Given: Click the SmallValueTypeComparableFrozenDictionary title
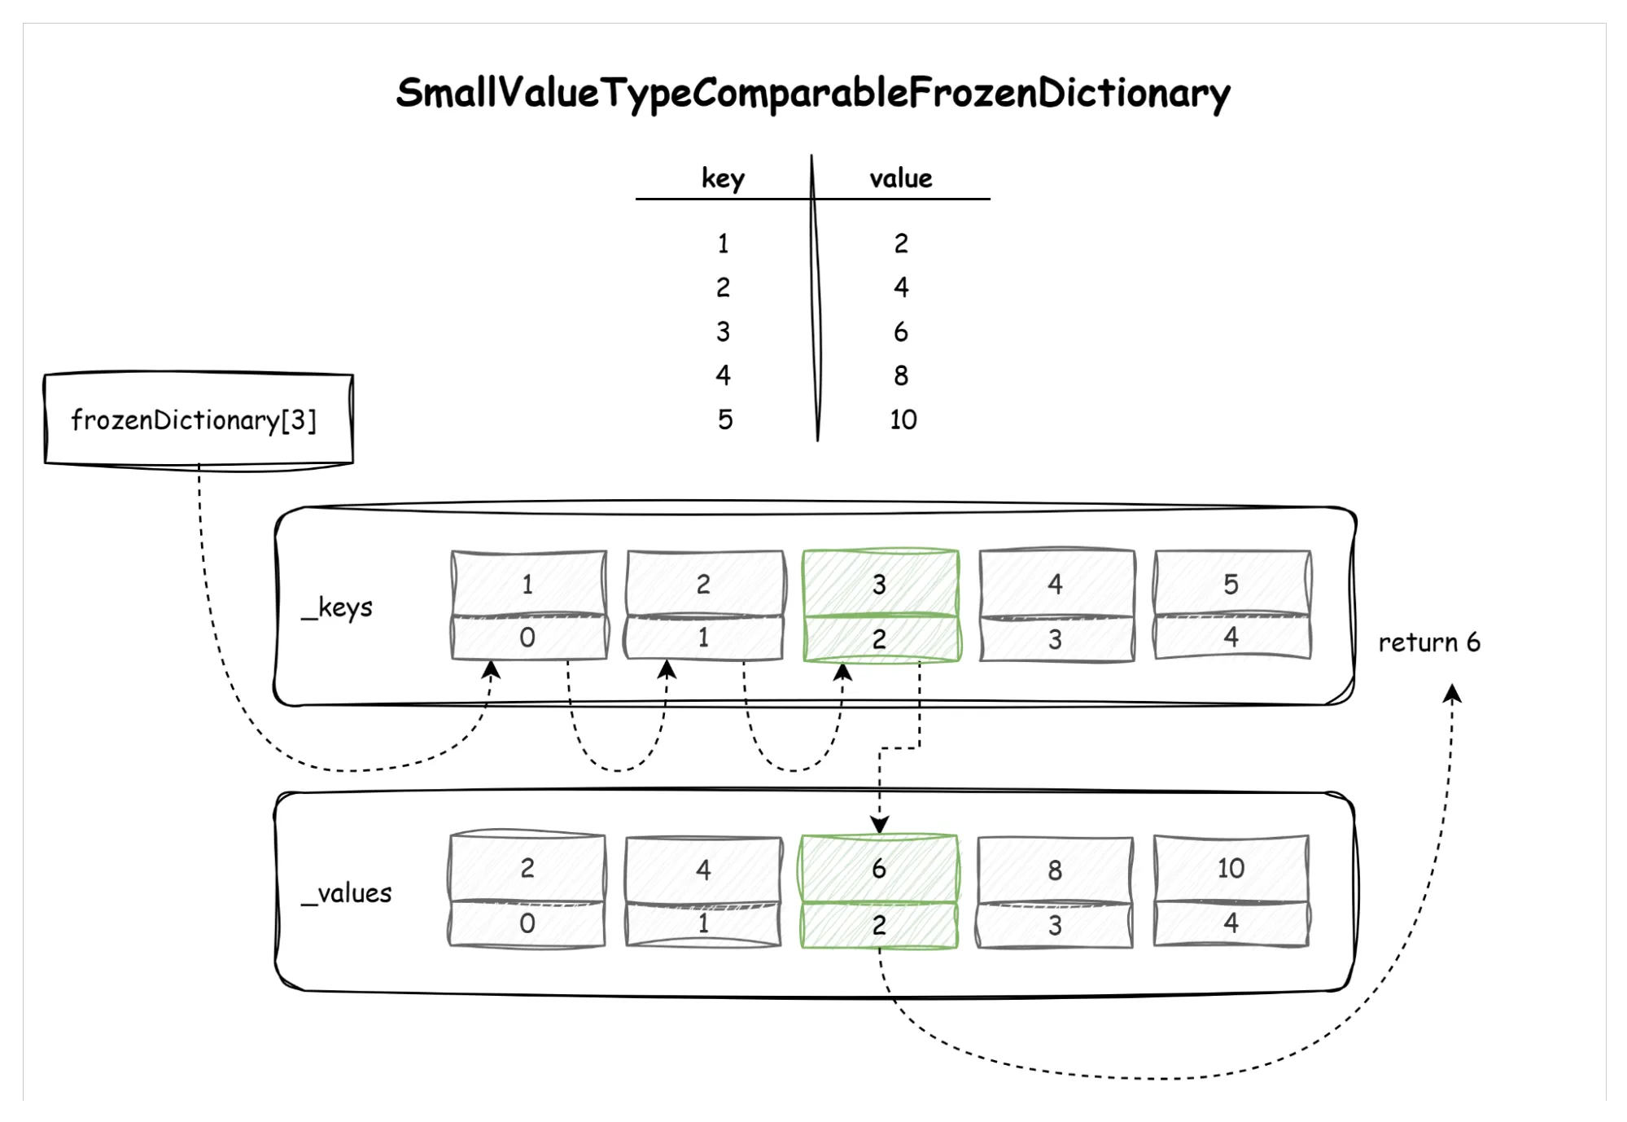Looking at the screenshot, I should (812, 93).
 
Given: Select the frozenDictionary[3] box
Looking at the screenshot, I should (198, 419).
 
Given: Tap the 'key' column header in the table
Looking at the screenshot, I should (723, 178).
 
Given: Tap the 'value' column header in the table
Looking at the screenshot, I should (900, 178).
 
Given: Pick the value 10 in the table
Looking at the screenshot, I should (903, 419).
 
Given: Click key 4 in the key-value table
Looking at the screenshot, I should (723, 375).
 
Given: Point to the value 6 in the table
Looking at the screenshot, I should (900, 331).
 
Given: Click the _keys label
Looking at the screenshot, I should (337, 607).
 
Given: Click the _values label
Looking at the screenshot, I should (346, 893).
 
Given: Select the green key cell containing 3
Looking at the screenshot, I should (879, 583).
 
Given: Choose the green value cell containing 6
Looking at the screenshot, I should (879, 868).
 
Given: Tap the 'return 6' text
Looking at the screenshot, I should (1428, 642).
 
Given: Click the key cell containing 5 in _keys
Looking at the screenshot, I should (1231, 583).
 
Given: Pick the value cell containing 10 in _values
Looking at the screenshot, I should (1231, 868).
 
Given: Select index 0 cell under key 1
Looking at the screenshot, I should (527, 638).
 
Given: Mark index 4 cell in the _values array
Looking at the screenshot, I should (1231, 923).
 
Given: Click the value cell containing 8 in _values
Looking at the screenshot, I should (1055, 870).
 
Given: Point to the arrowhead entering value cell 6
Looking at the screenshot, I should (879, 825).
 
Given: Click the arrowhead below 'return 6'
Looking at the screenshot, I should (1452, 694).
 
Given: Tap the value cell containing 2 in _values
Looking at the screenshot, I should (527, 868).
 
